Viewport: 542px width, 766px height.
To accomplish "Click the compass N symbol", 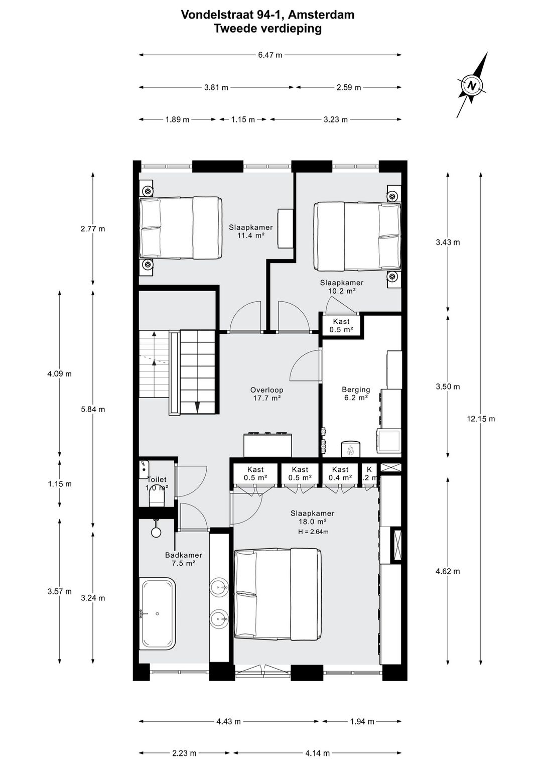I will coord(471,85).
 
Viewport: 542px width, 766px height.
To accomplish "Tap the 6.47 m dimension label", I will coord(270,55).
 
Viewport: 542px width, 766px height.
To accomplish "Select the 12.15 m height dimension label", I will coord(481,419).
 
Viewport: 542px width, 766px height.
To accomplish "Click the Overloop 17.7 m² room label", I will coord(266,394).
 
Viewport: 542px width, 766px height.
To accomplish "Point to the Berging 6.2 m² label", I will coord(356,393).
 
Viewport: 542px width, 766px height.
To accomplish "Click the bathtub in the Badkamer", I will coord(158,613).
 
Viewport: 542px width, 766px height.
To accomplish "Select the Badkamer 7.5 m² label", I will coord(183,559).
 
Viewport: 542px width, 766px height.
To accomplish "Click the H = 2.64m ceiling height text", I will coord(313,532).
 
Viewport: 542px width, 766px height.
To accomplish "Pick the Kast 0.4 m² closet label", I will coord(340,474).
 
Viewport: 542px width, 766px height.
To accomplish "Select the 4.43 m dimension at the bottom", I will coord(228,721).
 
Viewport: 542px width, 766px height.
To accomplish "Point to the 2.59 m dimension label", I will coord(348,87).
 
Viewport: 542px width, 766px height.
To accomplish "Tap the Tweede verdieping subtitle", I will coord(267,29).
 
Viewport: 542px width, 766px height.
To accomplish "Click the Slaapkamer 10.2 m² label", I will coord(341,287).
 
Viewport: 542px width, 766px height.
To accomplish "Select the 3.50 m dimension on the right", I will coord(448,387).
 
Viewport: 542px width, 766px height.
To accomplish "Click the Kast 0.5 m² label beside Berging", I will coord(341,326).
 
